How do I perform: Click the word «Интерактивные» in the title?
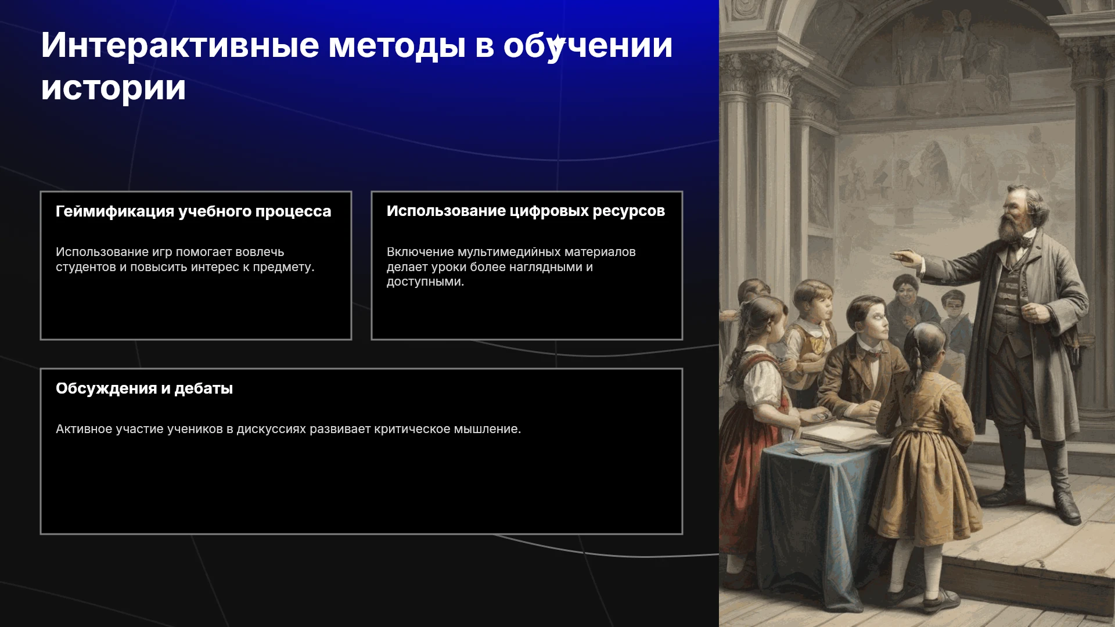(x=180, y=46)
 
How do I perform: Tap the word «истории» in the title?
(x=113, y=88)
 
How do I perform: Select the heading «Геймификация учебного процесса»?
(x=193, y=211)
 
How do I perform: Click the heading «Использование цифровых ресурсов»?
(x=526, y=211)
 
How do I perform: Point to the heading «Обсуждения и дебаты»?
(x=144, y=388)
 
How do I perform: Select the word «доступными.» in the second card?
(x=425, y=282)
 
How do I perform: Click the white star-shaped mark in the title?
(x=557, y=42)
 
